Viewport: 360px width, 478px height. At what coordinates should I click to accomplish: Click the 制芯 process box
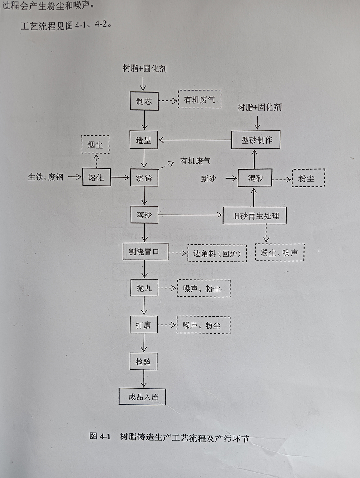pyautogui.click(x=144, y=101)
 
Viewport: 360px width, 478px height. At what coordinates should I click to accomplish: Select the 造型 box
pyautogui.click(x=144, y=140)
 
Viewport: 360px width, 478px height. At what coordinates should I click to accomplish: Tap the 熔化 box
pyautogui.click(x=96, y=177)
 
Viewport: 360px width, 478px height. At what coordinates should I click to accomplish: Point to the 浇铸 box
pyautogui.click(x=144, y=177)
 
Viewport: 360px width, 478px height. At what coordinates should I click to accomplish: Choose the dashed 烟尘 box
pyautogui.click(x=95, y=145)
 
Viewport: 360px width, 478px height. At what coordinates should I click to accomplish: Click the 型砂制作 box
pyautogui.click(x=256, y=140)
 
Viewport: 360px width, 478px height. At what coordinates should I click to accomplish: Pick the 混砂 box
pyautogui.click(x=255, y=178)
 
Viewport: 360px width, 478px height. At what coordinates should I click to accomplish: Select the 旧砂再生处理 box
pyautogui.click(x=255, y=216)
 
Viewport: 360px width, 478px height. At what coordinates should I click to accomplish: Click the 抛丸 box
pyautogui.click(x=144, y=288)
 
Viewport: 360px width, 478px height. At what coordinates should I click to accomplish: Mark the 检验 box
pyautogui.click(x=144, y=362)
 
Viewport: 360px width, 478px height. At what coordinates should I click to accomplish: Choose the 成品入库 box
pyautogui.click(x=143, y=397)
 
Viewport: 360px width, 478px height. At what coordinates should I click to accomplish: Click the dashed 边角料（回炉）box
pyautogui.click(x=217, y=253)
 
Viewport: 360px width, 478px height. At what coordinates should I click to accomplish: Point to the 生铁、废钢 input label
pyautogui.click(x=46, y=177)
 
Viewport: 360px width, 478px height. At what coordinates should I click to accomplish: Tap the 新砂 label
pyautogui.click(x=208, y=179)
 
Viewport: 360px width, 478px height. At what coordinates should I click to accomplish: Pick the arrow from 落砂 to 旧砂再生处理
pyautogui.click(x=190, y=215)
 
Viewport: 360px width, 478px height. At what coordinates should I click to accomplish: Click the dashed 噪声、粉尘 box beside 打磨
pyautogui.click(x=203, y=325)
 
